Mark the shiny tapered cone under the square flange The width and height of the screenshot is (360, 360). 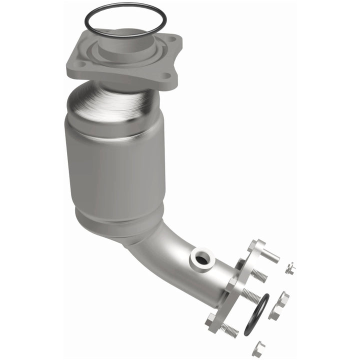[x=115, y=100]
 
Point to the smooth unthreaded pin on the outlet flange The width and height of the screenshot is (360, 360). [x=270, y=256]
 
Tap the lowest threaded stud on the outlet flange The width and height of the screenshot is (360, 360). [x=229, y=328]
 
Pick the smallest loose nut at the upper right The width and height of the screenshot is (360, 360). [x=289, y=269]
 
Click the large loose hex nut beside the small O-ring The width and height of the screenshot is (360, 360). [x=278, y=305]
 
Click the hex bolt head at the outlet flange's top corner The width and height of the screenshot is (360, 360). [x=254, y=245]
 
